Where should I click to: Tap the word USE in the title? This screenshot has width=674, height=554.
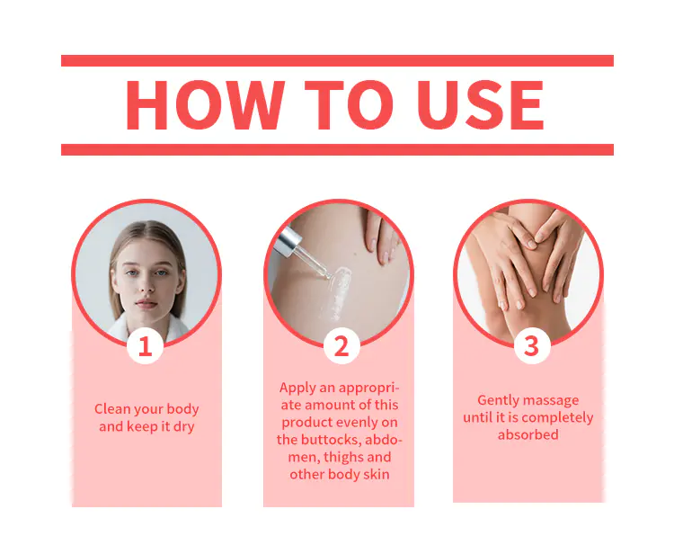coord(481,105)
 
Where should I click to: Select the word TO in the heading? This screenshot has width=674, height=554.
coord(349,105)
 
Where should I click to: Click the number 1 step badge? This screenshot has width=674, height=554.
coord(146,346)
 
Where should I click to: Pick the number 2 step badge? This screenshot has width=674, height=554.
coord(341,346)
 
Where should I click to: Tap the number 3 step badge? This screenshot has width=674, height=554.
coord(532,346)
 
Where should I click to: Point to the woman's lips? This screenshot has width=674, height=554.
coord(146,304)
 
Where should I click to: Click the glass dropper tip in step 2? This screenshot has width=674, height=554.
coord(328,276)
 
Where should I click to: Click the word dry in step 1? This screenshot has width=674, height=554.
coord(184,426)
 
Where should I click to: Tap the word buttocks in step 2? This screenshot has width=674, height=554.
coord(329,440)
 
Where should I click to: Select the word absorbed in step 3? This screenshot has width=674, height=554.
coord(528,435)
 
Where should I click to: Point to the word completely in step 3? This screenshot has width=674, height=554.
coord(558,417)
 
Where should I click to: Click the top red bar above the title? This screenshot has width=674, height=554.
coord(337,60)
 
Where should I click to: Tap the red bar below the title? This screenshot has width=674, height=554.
coord(337,149)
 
